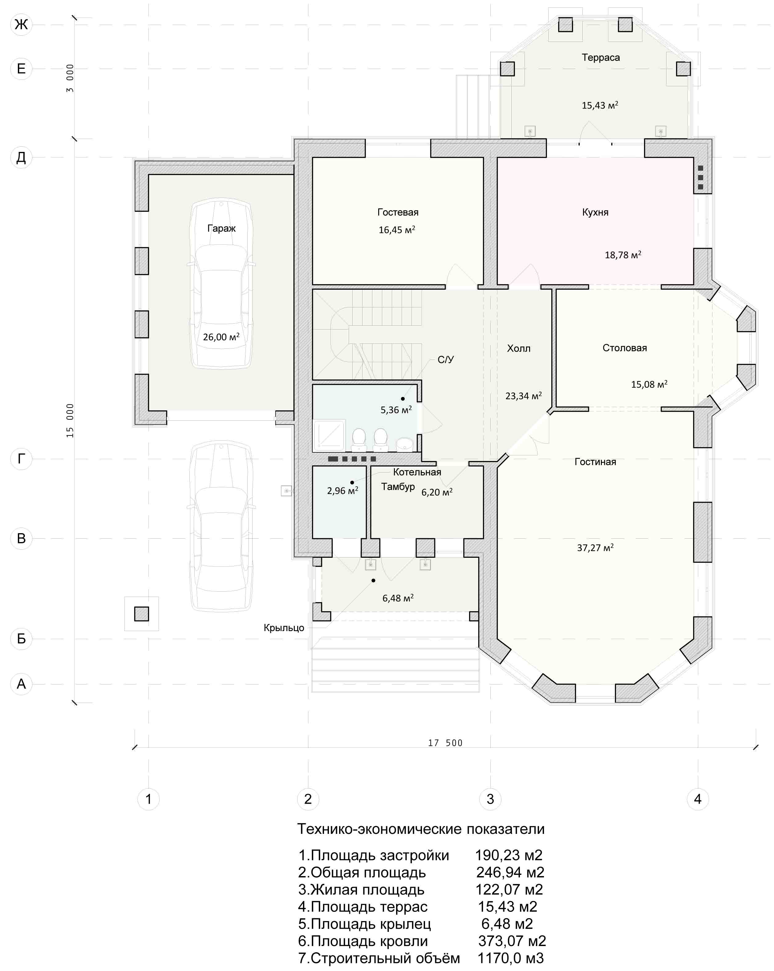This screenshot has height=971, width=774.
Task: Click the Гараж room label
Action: click(x=221, y=228)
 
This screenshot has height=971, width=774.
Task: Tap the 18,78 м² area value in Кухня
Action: click(x=623, y=255)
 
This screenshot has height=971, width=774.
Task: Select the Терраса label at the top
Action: click(x=601, y=58)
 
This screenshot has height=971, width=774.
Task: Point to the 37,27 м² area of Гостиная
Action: click(x=595, y=548)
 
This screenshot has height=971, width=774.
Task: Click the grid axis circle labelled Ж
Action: click(x=21, y=24)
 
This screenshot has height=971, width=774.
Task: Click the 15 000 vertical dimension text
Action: click(x=70, y=420)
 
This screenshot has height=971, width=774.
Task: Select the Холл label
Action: click(x=519, y=348)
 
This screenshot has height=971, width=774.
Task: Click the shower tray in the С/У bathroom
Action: click(x=330, y=435)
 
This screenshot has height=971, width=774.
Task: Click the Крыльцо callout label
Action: click(x=284, y=628)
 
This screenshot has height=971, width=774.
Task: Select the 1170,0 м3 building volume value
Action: click(x=511, y=958)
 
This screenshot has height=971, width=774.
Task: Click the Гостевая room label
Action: click(x=398, y=212)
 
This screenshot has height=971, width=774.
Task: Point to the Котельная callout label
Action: click(x=417, y=472)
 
